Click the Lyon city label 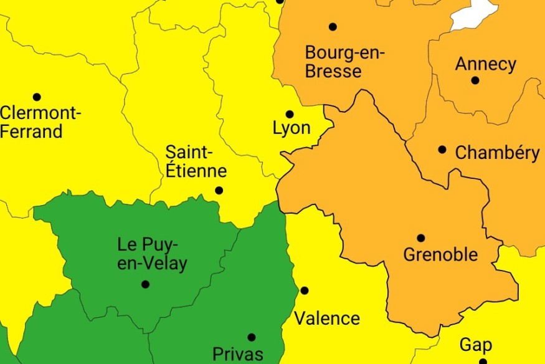(x=291, y=129)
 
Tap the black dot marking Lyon (x=290, y=114)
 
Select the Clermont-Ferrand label (x=40, y=123)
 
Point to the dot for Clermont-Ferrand (x=37, y=97)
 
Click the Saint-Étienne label (x=196, y=161)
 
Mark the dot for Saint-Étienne (x=219, y=191)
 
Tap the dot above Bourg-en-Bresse (x=333, y=27)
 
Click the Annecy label (x=486, y=64)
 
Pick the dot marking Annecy (x=475, y=80)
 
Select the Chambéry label (x=498, y=153)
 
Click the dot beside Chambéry (x=442, y=150)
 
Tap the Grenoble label (x=440, y=254)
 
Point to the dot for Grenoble (x=421, y=237)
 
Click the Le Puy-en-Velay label (x=152, y=254)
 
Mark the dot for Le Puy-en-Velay (x=145, y=284)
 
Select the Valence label (x=327, y=318)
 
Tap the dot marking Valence (x=305, y=290)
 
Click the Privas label (x=238, y=354)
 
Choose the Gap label (x=476, y=345)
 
